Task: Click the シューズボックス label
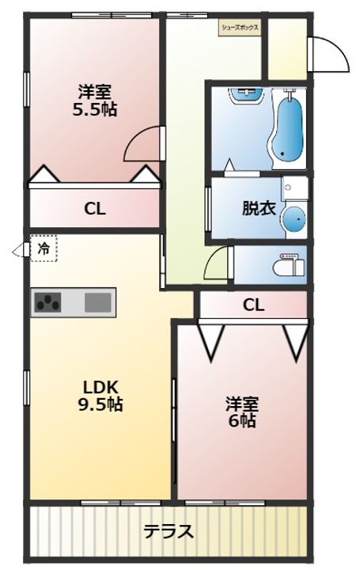241,26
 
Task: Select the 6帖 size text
243,420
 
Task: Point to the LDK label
101,387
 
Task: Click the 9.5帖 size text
103,405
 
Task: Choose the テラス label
168,531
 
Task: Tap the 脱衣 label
259,210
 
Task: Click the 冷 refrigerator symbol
44,249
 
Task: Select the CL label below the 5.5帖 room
95,210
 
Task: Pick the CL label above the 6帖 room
253,304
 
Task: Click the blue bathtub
287,127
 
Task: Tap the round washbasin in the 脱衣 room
294,220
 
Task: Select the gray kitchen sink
98,302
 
